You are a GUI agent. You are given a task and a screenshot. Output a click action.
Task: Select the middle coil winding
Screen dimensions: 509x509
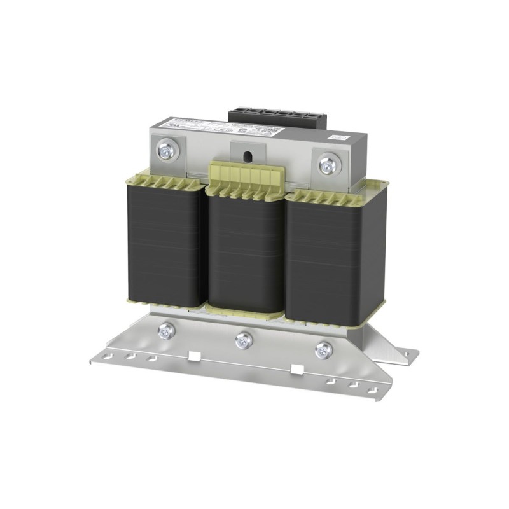click(x=244, y=254)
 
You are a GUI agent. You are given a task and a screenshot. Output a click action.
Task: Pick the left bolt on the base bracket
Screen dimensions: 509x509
click(x=166, y=330)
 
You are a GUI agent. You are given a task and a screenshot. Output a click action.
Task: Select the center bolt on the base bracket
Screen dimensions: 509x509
click(x=244, y=340)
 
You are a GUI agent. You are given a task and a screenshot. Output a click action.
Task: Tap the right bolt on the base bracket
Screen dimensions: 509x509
click(x=324, y=349)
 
